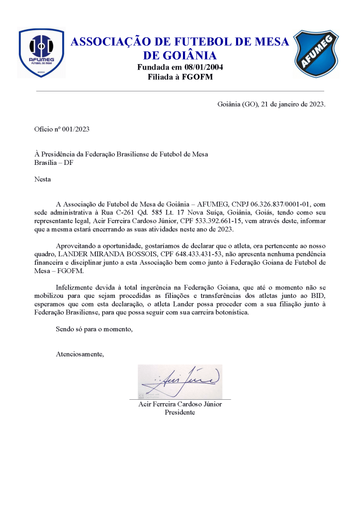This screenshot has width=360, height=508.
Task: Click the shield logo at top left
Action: (x=41, y=53)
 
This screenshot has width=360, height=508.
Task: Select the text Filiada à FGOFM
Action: (x=180, y=77)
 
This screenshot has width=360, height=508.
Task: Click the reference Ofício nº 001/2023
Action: (x=62, y=129)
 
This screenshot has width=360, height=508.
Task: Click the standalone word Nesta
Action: (x=43, y=179)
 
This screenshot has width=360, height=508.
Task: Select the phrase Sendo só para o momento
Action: (x=94, y=330)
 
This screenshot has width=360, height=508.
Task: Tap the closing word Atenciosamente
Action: (x=80, y=354)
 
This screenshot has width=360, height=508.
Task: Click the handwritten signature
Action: (x=180, y=381)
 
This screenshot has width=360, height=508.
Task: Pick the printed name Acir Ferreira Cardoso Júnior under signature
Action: (x=180, y=404)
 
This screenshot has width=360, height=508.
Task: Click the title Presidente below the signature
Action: (x=180, y=412)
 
